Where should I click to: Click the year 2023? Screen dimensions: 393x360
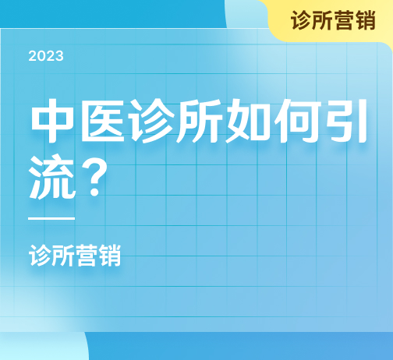pos(46,56)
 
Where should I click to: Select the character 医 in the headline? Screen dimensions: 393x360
pos(102,121)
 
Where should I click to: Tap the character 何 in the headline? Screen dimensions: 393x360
pos(296,121)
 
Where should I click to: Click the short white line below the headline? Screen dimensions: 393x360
pos(51,218)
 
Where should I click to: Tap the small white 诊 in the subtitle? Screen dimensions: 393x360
pos(40,256)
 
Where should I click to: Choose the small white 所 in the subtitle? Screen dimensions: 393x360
pos(63,256)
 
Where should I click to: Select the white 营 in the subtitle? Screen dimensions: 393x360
pos(87,256)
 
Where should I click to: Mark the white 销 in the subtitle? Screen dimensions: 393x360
pos(110,256)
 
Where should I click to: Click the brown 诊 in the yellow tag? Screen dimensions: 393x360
pos(301,20)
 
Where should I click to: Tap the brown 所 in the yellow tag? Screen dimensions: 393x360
pos(322,20)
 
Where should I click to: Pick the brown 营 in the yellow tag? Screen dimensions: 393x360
pos(344,20)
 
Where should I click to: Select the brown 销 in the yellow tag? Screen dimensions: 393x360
pos(365,20)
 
